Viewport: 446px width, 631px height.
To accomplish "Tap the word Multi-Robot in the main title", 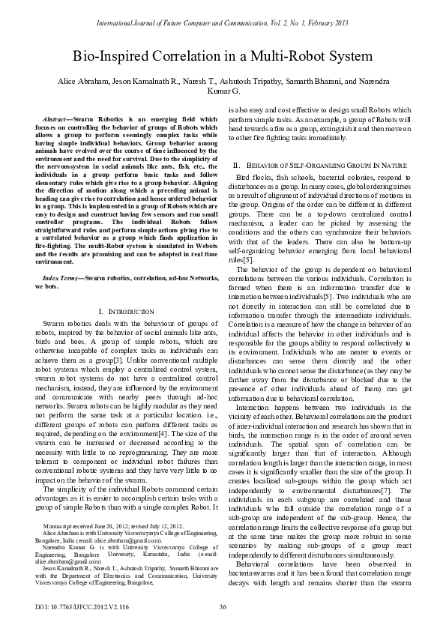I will pos(282,56).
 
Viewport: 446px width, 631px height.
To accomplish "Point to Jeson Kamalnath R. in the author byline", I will pos(145,81).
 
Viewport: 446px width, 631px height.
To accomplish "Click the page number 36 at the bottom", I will pos(223,606).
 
